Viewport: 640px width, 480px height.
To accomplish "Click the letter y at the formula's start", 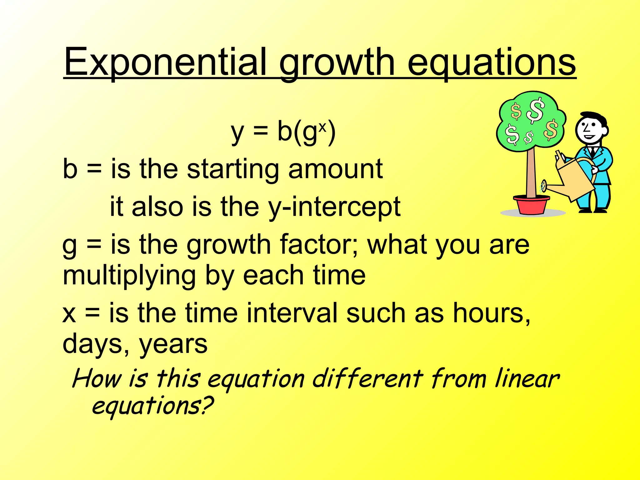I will pos(237,133).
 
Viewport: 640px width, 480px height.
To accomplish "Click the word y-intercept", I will pos(334,207).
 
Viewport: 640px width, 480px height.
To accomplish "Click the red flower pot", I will pos(531,205).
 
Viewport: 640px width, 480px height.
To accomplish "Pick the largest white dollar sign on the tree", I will pos(536,110).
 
